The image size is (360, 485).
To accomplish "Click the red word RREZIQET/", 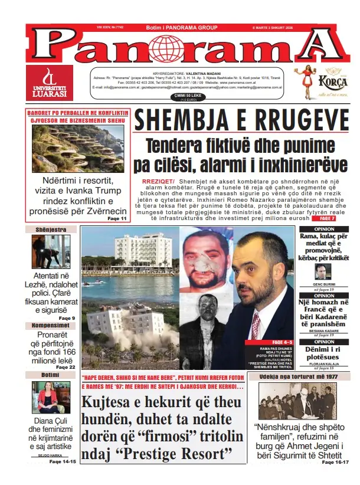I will coord(158,180).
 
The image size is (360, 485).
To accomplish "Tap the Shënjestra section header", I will coord(51,230).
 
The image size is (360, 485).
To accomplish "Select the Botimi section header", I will coord(51,375).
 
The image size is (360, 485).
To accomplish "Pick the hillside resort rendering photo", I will coord(78,148).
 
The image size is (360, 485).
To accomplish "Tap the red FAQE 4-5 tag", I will coord(282,342).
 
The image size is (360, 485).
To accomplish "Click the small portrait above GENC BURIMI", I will coord(323,271).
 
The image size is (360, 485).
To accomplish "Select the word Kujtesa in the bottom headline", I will coord(110,404).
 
